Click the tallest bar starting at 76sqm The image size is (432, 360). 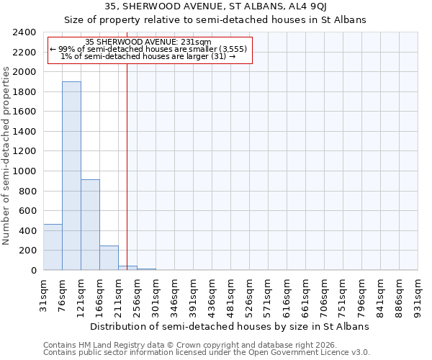click(71, 176)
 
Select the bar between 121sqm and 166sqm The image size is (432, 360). click(90, 225)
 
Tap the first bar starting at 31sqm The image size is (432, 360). click(53, 247)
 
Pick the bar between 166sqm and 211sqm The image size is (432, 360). click(109, 258)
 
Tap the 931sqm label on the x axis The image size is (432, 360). click(418, 296)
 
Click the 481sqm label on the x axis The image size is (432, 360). click(231, 296)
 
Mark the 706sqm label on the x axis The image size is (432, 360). click(325, 296)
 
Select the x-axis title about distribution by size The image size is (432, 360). click(230, 326)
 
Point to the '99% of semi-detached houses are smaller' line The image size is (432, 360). click(149, 49)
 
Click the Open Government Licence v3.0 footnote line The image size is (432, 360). click(207, 353)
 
